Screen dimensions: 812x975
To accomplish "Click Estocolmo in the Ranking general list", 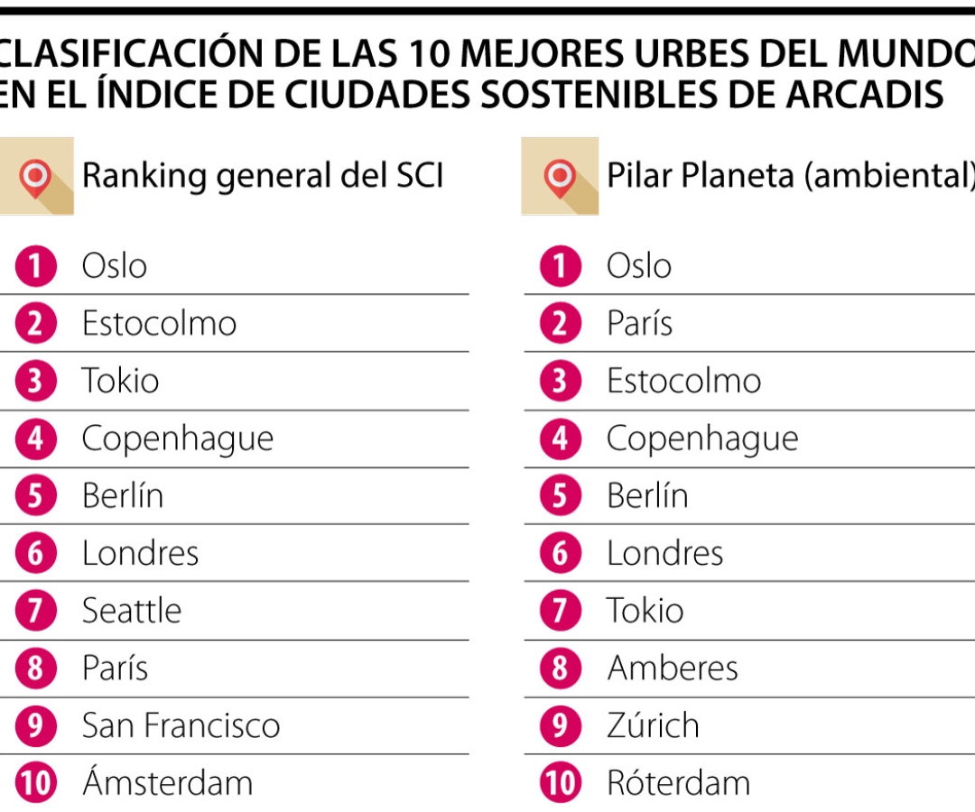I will (159, 323).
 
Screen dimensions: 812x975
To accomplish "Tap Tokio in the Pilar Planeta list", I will (645, 611).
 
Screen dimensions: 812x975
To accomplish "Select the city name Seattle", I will (131, 611).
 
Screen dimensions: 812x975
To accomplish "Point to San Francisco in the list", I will (181, 725).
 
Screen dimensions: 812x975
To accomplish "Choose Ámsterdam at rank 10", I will (167, 783).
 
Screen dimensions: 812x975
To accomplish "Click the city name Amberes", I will (673, 669).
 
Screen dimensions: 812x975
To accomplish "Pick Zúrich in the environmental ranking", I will (653, 725).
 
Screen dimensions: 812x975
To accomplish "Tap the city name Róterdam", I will (678, 783).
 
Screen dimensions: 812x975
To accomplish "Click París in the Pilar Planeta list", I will (639, 323).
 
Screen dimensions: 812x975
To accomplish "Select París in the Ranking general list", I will (115, 669).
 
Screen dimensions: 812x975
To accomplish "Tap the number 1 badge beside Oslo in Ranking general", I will (35, 266).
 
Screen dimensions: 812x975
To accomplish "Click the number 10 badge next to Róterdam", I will (561, 783).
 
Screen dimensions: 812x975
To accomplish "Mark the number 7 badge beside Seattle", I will (35, 611).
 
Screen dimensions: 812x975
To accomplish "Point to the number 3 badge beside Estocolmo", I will (561, 381).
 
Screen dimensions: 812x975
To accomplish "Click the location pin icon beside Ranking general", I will (35, 176).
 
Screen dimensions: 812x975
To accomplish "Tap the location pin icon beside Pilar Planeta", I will (560, 176).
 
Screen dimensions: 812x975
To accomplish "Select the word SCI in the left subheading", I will (416, 175).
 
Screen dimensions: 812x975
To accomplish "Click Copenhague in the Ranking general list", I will (177, 438).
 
